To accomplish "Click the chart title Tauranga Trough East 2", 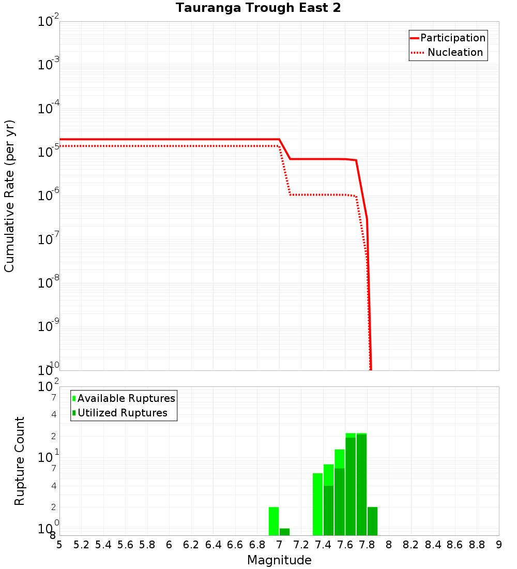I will click(x=258, y=8).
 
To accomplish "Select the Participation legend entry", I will click(x=453, y=38).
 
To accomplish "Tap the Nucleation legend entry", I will click(x=455, y=52).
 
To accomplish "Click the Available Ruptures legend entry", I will click(x=126, y=398).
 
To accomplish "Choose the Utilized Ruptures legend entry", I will click(x=122, y=413).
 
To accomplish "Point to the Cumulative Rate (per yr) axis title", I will click(x=9, y=196).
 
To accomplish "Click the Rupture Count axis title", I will click(x=20, y=461).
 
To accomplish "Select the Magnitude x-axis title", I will click(x=279, y=560).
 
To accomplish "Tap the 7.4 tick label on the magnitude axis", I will click(x=323, y=545).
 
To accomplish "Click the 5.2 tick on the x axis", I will click(x=81, y=545).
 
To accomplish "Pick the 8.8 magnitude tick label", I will click(x=477, y=545).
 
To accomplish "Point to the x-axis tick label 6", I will click(x=169, y=545).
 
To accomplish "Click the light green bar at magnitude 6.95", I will click(x=273, y=521).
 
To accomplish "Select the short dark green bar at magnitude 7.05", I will click(x=284, y=532).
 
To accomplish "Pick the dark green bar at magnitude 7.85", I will click(x=372, y=521).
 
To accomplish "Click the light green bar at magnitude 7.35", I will click(x=317, y=504).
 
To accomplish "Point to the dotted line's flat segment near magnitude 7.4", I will click(x=323, y=195).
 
